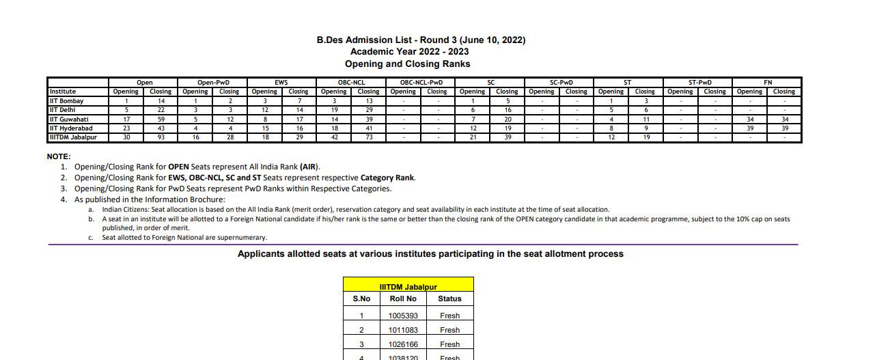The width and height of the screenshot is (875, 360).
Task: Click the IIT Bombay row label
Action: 66,101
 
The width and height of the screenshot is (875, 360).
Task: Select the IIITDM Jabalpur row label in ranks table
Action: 73,137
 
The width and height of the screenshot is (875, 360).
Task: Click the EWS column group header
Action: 281,83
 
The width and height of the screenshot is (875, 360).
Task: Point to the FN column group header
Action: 767,83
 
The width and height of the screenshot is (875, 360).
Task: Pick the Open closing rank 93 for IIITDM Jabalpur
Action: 161,137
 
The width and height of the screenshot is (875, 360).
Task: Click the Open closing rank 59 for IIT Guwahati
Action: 161,119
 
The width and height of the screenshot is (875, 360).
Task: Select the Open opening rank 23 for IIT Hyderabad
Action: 126,128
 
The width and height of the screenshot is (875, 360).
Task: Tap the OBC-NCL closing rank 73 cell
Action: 368,137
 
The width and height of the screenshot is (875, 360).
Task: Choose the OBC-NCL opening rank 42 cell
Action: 333,137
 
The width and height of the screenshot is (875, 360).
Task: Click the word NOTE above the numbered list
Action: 59,156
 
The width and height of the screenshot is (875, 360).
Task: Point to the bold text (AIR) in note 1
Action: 309,167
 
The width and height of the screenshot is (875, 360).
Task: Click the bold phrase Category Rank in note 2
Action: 387,178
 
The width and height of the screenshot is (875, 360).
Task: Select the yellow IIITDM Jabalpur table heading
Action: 408,287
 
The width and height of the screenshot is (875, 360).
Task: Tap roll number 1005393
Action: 403,316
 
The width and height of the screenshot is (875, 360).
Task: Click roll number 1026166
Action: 403,344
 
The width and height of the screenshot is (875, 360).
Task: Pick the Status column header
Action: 449,299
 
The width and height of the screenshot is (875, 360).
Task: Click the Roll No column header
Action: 403,299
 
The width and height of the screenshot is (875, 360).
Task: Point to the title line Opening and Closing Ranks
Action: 407,64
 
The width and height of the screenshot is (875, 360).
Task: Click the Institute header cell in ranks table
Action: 63,92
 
